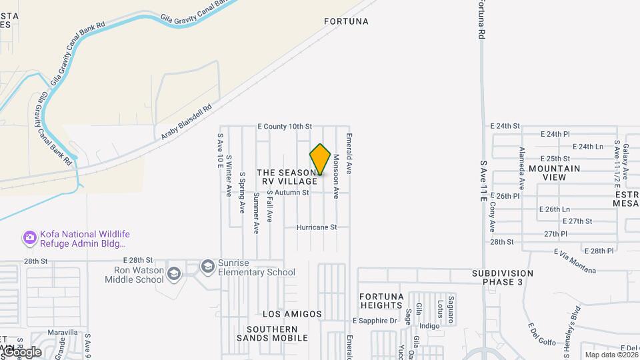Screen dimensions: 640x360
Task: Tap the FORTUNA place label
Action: [x=346, y=21]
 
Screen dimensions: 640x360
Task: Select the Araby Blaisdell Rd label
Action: [x=186, y=121]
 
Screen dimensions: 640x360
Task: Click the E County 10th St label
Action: [x=285, y=126]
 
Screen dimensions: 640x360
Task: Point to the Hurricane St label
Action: [x=317, y=227]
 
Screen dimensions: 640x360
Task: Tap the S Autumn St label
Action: [x=288, y=193]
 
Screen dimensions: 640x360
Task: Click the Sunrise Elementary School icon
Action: [x=207, y=266]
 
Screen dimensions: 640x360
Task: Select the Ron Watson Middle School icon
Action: [x=173, y=273]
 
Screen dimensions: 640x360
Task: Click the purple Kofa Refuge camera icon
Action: [x=29, y=237]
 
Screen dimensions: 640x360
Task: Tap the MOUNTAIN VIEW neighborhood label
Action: [x=555, y=173]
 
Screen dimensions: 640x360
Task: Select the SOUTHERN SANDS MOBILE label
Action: [x=272, y=333]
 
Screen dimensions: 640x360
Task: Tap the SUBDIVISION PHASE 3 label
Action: [x=503, y=277]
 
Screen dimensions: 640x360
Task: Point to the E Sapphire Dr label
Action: [x=375, y=321]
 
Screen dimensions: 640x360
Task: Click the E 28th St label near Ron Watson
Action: [x=134, y=260]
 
